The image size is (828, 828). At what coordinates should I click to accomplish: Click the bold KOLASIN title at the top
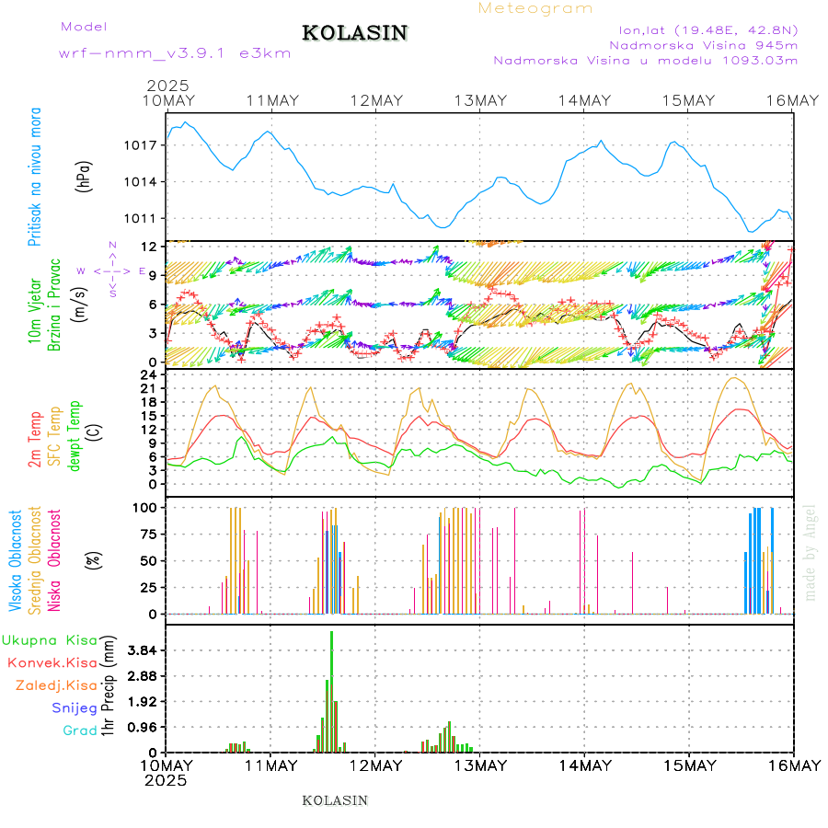tap(354, 33)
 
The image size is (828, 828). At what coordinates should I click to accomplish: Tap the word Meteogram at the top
tap(535, 8)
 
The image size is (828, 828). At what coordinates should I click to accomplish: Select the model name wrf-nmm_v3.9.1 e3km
tap(175, 53)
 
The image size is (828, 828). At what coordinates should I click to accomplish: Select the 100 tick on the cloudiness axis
tap(147, 507)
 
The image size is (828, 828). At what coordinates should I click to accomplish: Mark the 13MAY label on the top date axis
tap(479, 100)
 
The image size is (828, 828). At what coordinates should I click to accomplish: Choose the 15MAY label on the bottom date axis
tap(689, 765)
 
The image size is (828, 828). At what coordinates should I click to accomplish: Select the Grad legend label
tap(79, 730)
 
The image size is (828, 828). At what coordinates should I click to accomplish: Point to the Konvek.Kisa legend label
tap(52, 662)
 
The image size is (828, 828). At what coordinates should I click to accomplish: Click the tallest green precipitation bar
tap(331, 690)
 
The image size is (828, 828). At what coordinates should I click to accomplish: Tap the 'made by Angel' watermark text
tap(811, 552)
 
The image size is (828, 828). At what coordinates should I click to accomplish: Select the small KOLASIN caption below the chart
tap(335, 800)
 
